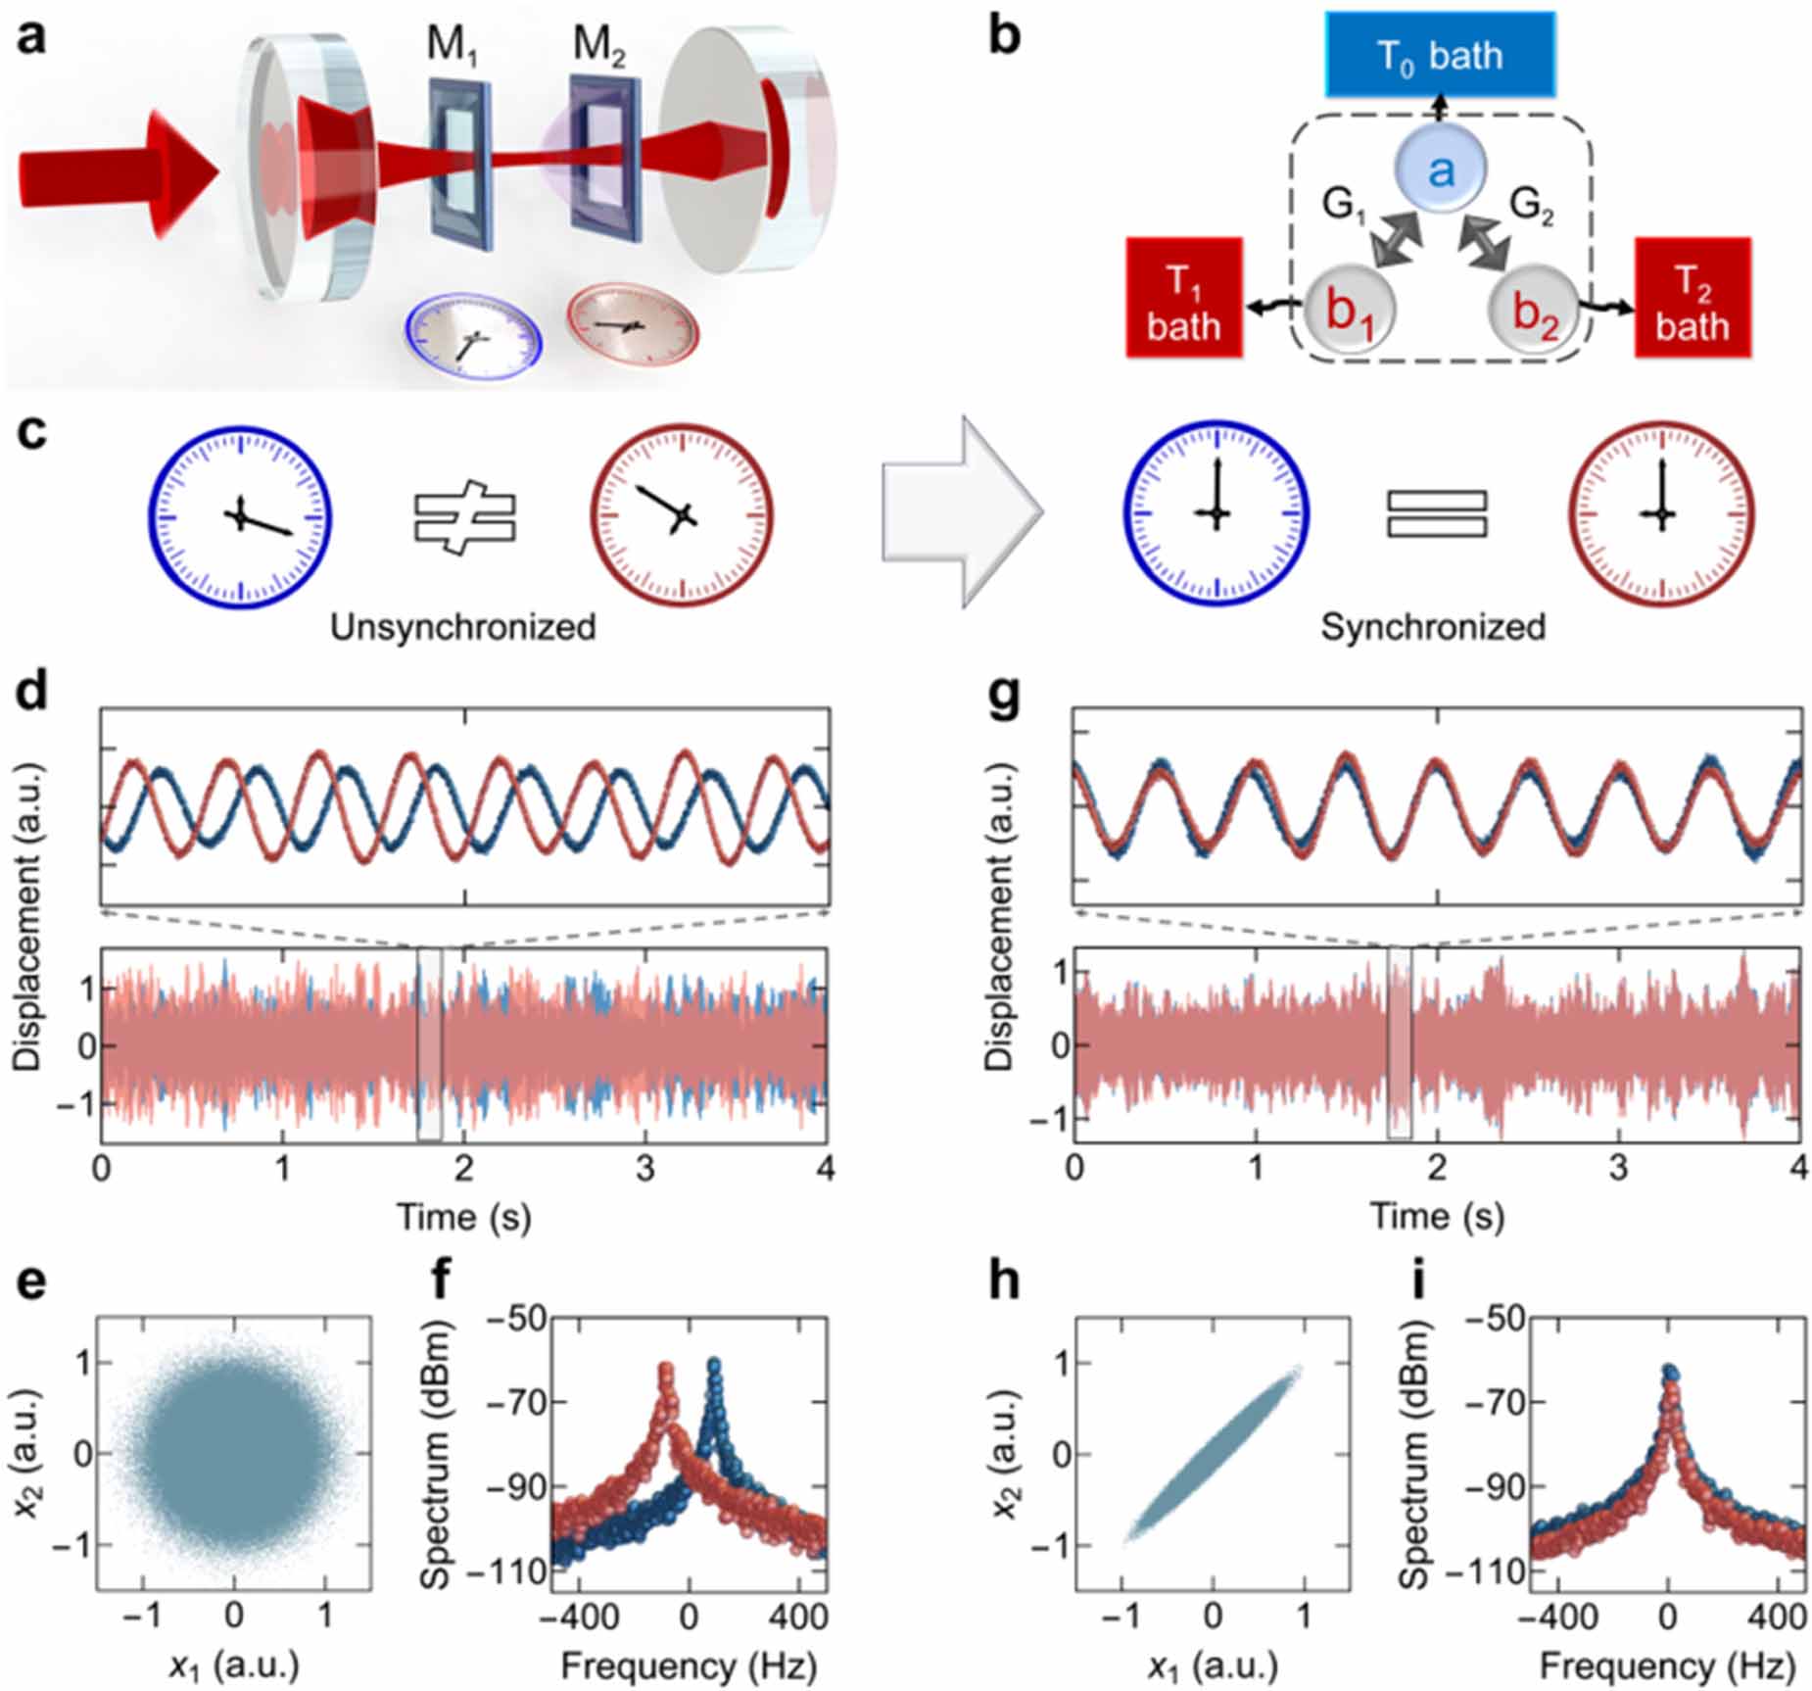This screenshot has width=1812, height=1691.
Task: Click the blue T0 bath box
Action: pos(1439,55)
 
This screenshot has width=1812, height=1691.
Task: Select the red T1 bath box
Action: pos(1183,298)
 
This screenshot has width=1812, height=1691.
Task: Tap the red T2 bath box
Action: pos(1692,298)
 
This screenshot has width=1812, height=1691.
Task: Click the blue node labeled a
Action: pos(1440,169)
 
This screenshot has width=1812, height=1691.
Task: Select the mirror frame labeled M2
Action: pos(605,157)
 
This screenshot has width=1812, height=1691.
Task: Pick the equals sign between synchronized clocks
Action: pos(1437,513)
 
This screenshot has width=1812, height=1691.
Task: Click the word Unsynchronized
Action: pos(462,627)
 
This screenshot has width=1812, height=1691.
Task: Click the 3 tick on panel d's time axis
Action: pos(644,1169)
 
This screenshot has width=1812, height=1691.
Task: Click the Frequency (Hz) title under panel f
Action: pos(689,1666)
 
